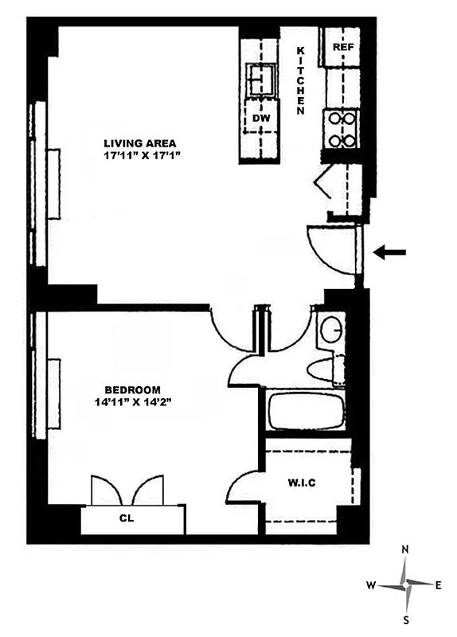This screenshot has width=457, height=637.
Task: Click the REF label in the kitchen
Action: coord(342,47)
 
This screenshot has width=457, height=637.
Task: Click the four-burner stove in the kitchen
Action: coord(342,129)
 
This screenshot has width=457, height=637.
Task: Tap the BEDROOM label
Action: coord(132,389)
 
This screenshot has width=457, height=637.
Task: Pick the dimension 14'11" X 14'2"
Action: coord(132,402)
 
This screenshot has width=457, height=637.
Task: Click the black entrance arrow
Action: coord(390,253)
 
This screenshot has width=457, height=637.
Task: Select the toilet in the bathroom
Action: coord(326,370)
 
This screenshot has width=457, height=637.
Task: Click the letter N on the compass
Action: coord(406,550)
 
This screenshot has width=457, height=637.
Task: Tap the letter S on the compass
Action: coord(406,619)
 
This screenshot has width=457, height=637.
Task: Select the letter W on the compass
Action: coord(371,585)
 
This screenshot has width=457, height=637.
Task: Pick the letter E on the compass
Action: coord(439,585)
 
